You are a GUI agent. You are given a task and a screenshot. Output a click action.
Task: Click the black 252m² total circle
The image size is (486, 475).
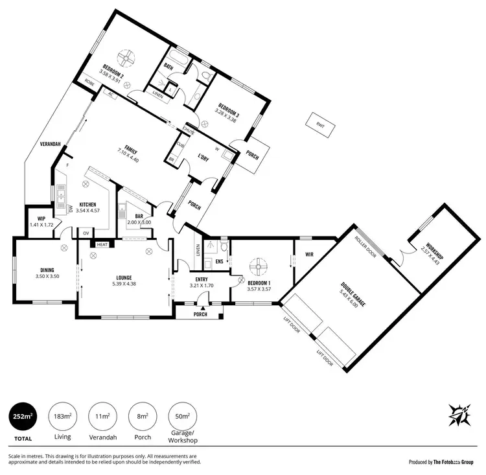(x=22, y=415)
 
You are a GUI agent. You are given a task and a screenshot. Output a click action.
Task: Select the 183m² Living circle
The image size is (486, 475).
(x=63, y=415)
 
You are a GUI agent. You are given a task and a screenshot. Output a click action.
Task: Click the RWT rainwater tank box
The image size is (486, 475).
(x=321, y=126)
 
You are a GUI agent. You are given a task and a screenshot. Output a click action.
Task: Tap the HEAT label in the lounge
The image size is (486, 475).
(x=102, y=244)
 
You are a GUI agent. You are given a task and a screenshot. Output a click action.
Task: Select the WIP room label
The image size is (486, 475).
(x=40, y=218)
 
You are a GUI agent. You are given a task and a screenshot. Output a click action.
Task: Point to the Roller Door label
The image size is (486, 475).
(x=365, y=246)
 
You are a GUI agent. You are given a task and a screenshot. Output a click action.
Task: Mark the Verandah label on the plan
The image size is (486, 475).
(x=49, y=143)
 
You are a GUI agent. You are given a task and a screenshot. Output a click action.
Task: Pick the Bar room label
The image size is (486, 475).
(x=139, y=216)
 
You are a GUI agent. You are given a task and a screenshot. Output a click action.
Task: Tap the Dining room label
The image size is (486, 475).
(x=46, y=270)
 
